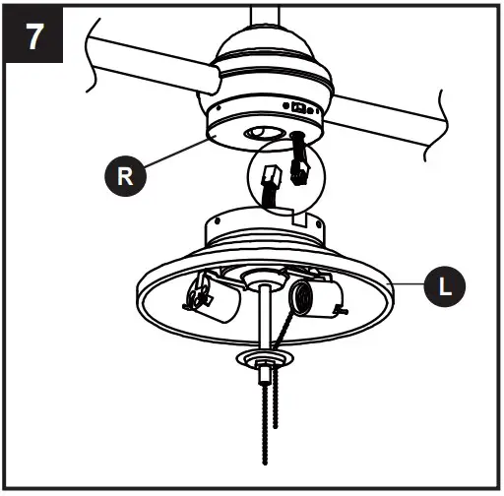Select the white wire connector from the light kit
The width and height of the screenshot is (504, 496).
[272, 180]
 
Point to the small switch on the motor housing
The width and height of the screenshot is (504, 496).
[298, 105]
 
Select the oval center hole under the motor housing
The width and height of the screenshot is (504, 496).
[263, 131]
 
